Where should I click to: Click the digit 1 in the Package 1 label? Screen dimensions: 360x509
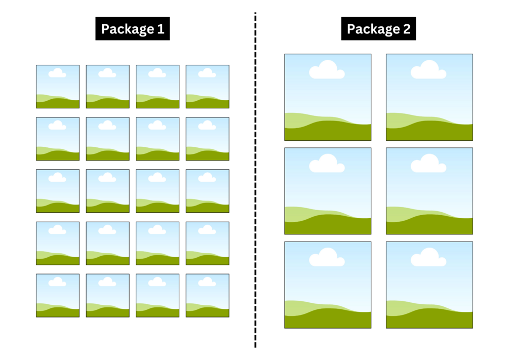click(161, 29)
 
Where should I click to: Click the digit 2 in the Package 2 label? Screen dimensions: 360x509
click(407, 29)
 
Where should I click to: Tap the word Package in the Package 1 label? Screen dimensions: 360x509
click(127, 29)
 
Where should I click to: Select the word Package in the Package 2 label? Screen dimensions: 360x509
click(372, 29)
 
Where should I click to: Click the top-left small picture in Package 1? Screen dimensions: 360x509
click(58, 87)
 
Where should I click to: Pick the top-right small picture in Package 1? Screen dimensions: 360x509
click(207, 87)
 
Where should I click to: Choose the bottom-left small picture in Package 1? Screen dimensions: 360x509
click(58, 295)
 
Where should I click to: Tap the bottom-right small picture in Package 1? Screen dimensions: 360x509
click(207, 295)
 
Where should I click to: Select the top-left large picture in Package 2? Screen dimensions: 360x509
click(328, 97)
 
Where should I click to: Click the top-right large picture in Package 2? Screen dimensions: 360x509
click(429, 97)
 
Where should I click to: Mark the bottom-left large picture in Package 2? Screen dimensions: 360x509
click(328, 285)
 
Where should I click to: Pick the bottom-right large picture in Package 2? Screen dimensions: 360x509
click(429, 285)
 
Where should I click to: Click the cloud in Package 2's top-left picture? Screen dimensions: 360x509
click(327, 70)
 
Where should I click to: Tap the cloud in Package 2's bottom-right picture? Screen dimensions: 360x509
click(428, 258)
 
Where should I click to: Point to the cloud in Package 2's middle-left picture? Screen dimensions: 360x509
click(327, 164)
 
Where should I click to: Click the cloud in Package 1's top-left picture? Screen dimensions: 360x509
click(57, 73)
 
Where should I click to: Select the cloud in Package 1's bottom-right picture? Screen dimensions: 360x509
click(207, 282)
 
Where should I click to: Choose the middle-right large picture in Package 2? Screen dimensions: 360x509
click(429, 191)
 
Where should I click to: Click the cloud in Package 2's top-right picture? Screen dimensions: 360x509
click(428, 70)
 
